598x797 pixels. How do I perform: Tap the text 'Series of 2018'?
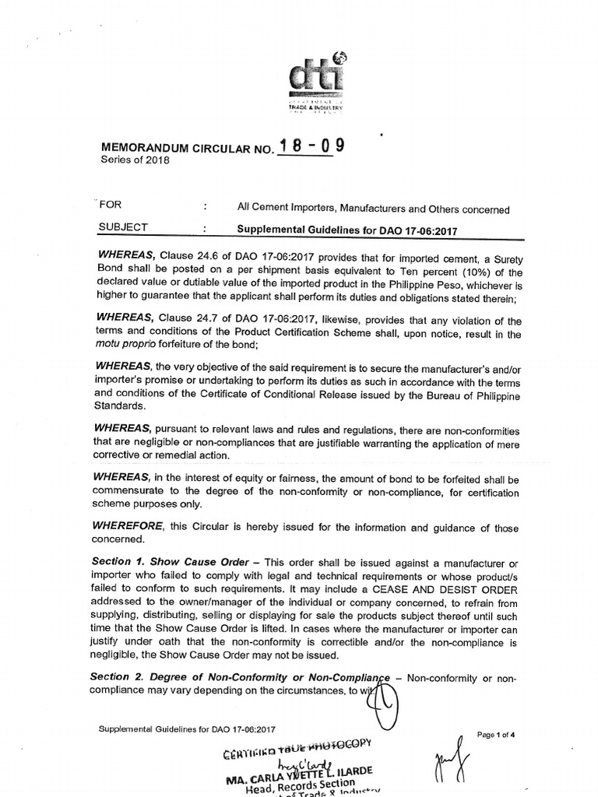pyautogui.click(x=134, y=160)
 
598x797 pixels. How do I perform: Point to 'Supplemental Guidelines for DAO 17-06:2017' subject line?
pyautogui.click(x=346, y=230)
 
